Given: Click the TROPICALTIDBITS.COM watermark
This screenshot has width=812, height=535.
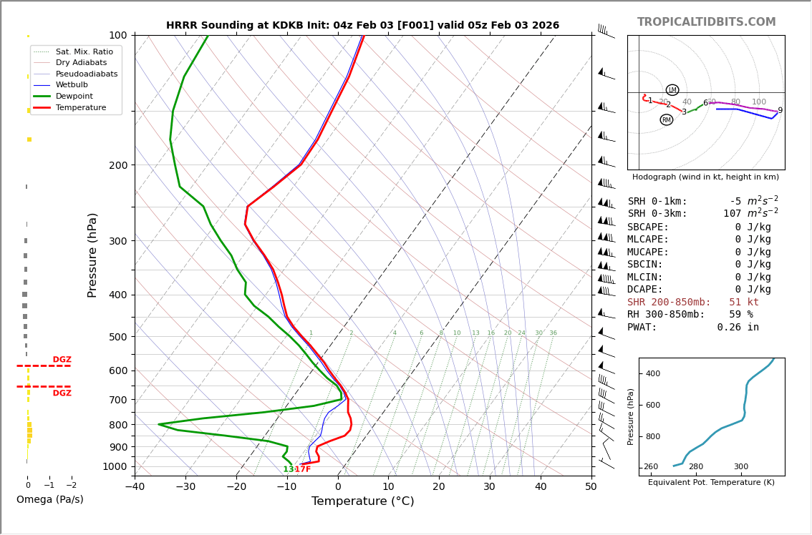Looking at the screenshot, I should [x=706, y=22].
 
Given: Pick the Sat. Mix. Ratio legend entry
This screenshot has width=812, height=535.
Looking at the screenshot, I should [x=84, y=51].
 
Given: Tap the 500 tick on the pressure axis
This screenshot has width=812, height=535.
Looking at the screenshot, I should [x=117, y=337].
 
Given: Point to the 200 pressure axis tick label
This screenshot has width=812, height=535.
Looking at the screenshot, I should [x=117, y=165].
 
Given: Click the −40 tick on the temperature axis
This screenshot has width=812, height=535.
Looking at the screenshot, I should [x=134, y=487].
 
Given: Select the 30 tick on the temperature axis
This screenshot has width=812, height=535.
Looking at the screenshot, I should [x=490, y=487].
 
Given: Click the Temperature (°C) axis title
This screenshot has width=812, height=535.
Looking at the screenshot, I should [x=362, y=501].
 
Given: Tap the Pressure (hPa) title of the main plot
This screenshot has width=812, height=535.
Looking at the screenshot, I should [x=92, y=255].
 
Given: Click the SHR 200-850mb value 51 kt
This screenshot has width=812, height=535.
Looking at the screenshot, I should [x=743, y=303].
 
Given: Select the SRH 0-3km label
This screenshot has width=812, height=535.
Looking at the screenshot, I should [x=657, y=214].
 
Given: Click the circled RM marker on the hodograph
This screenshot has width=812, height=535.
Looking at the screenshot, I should [x=667, y=120].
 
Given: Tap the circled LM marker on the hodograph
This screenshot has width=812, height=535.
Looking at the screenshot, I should [x=672, y=90].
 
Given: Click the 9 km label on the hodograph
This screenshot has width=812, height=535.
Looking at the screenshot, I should [x=780, y=111].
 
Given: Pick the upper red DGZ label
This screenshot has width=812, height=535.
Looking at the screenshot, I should [x=62, y=360].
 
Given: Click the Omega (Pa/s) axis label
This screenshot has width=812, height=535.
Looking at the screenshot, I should [x=50, y=499].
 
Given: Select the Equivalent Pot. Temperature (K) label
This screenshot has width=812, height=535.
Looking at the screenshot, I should [x=711, y=482].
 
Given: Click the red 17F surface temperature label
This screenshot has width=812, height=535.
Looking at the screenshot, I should [x=303, y=469].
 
